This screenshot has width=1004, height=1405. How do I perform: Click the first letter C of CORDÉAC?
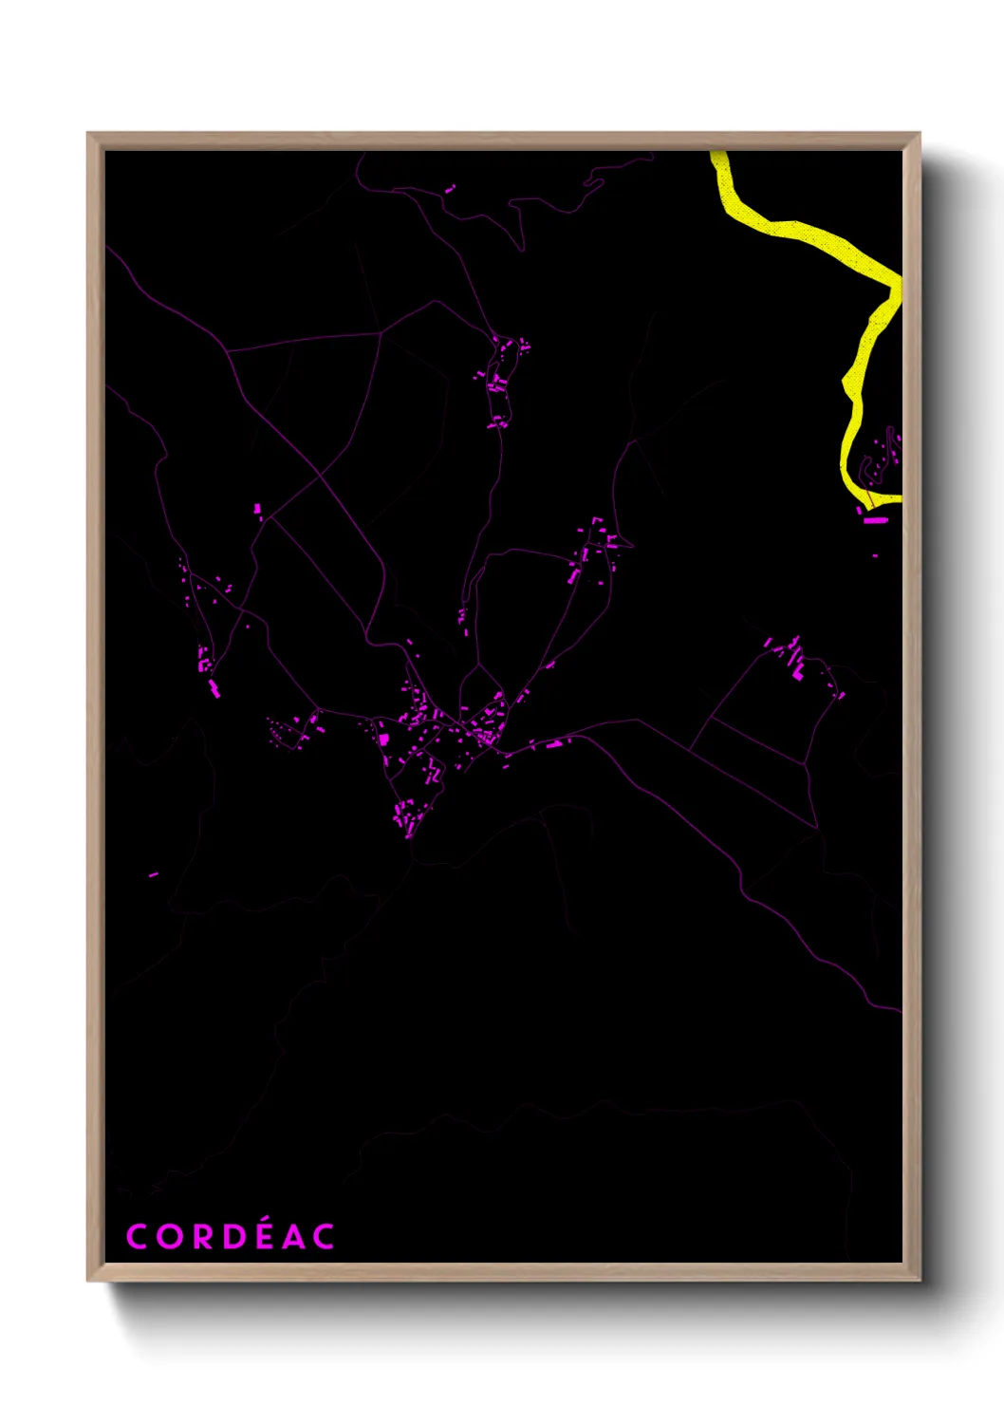[136, 1237]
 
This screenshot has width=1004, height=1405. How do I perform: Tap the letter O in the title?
[168, 1237]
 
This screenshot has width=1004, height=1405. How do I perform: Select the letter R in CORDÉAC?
[200, 1237]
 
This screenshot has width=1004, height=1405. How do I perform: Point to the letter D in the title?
[232, 1237]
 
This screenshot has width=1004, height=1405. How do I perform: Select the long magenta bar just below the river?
[874, 520]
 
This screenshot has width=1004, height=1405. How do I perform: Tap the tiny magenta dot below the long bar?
[875, 555]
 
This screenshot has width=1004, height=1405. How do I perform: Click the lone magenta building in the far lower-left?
[153, 874]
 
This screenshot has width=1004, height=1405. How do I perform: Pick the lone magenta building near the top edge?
[449, 190]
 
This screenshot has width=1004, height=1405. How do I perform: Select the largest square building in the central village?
[383, 738]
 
